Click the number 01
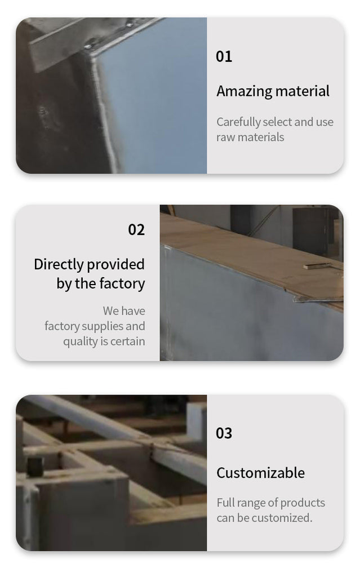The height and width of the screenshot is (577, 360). (x=224, y=57)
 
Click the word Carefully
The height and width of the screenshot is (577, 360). (x=238, y=122)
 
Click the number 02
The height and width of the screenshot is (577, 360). (x=136, y=230)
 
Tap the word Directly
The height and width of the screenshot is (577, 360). (x=59, y=265)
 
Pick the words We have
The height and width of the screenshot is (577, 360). (x=124, y=311)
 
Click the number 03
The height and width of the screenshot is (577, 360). (x=224, y=433)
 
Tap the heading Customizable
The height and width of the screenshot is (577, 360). (x=261, y=473)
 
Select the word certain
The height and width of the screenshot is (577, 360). (x=128, y=341)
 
